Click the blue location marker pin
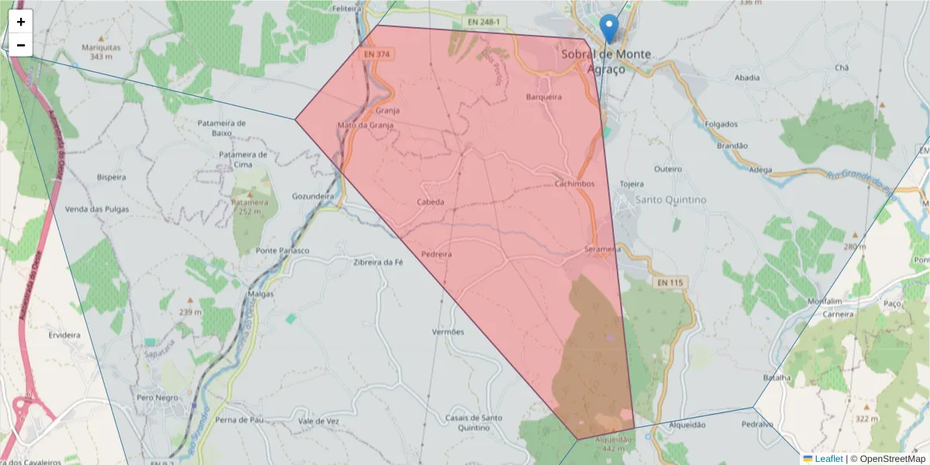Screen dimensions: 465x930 click(x=610, y=28)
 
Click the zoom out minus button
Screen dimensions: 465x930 click(x=21, y=45)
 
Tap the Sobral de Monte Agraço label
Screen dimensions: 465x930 click(x=605, y=61)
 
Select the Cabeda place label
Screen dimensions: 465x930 click(x=431, y=202)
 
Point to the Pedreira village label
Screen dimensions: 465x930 click(x=436, y=254)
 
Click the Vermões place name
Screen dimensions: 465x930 click(x=447, y=332)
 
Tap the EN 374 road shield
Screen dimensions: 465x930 click(x=376, y=54)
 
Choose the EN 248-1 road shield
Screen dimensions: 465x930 click(x=482, y=22)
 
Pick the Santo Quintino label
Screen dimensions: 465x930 click(x=671, y=200)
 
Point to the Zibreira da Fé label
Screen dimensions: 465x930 click(x=379, y=262)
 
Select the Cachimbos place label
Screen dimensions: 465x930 click(x=574, y=184)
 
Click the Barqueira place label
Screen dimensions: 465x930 click(x=543, y=97)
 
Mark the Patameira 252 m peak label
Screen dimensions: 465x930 click(x=249, y=206)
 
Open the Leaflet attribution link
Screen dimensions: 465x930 click(x=828, y=459)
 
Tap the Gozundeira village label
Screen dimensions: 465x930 click(x=313, y=196)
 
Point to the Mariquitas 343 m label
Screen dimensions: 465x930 click(x=102, y=51)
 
